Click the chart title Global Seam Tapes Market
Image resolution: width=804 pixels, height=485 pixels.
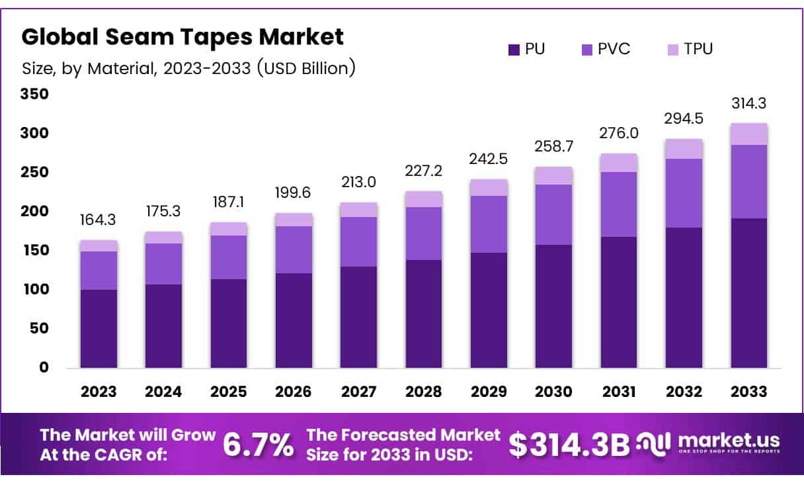(x=182, y=37)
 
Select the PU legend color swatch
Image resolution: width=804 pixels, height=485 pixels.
(x=514, y=49)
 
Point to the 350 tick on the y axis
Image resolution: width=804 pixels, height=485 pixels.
(x=36, y=95)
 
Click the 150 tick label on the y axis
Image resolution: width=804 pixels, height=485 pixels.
(x=36, y=251)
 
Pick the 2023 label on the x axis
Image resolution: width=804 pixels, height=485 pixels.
(x=99, y=392)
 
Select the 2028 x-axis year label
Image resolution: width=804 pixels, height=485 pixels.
(x=424, y=392)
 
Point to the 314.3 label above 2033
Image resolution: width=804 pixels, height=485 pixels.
(x=748, y=104)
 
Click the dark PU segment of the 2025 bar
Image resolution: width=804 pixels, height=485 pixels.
(x=229, y=323)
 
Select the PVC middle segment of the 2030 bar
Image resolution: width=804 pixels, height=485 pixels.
(x=553, y=214)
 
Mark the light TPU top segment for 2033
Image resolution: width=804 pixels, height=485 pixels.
(x=748, y=134)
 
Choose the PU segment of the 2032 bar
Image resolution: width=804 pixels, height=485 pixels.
(x=684, y=298)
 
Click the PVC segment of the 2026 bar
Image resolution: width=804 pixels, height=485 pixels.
(x=294, y=249)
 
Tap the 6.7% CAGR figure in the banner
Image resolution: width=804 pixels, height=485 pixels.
(x=259, y=445)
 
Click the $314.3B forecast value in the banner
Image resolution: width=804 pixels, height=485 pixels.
(x=569, y=445)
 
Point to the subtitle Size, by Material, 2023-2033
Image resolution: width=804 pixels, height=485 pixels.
(x=188, y=67)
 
